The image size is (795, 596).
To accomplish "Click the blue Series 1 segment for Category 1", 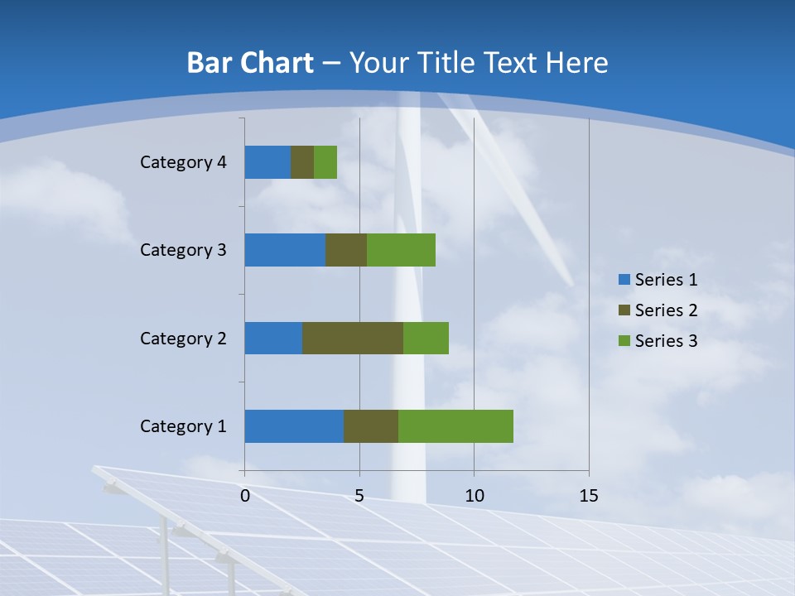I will coord(294,426).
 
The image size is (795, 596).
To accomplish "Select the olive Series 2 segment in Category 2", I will coord(353,338).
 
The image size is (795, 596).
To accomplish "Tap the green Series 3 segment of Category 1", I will coord(455,426).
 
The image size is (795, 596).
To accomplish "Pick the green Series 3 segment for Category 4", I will coord(325,162).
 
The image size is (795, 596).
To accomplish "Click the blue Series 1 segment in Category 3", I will coord(285,250).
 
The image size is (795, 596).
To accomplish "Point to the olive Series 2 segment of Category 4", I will coord(302,162).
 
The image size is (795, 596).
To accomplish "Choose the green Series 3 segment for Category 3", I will coord(401,250).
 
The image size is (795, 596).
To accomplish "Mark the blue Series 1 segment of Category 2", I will coord(273,338).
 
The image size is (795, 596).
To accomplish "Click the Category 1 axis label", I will coord(183,426).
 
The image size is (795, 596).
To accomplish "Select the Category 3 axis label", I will coord(183,250).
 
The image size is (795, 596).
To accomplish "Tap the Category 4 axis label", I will coord(183,162).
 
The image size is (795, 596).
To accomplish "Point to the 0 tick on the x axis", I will coord(245,496).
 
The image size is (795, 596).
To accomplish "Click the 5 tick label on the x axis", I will coord(359,496).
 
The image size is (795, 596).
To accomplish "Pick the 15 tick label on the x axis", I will coord(589,496).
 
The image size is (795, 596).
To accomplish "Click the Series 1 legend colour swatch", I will coord(624,280).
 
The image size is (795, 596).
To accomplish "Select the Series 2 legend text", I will coord(666,310).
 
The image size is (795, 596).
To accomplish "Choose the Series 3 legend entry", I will coord(658,341).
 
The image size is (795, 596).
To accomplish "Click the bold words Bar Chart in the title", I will coord(250,63).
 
